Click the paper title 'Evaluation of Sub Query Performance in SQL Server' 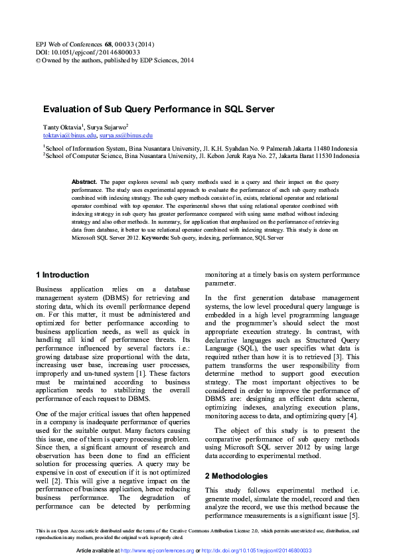159,109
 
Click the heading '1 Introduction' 62,275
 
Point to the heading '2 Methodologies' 236,457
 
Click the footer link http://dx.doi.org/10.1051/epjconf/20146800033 257,551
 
